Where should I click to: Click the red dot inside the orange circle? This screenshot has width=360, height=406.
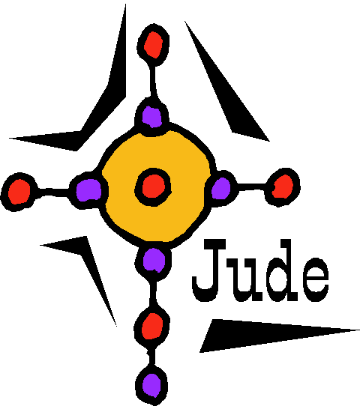(153, 187)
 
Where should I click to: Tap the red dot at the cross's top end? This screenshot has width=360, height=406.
(153, 44)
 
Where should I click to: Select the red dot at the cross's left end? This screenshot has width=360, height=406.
(19, 192)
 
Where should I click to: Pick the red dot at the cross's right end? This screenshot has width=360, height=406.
(283, 187)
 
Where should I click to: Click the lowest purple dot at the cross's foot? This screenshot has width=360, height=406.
(151, 385)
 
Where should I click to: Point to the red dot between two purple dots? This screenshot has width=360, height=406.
(152, 327)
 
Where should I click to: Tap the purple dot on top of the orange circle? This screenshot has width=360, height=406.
(152, 117)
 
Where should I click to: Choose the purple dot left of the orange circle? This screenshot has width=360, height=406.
(88, 190)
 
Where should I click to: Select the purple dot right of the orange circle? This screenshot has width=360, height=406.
(220, 189)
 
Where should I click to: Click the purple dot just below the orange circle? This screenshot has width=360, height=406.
(154, 260)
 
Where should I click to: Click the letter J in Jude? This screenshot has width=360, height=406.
(209, 270)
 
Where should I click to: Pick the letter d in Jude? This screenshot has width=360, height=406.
(283, 270)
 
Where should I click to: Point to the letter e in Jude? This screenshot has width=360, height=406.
(315, 279)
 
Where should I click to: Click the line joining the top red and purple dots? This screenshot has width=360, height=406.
(153, 82)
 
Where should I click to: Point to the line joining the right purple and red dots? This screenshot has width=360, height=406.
(251, 187)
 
